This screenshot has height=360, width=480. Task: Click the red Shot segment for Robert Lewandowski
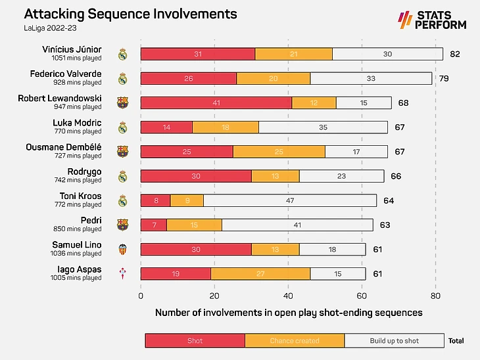216,103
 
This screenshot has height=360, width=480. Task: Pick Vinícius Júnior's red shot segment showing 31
198,55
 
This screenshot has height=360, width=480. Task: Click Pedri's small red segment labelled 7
154,225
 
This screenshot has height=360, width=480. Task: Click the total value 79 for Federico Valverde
444,79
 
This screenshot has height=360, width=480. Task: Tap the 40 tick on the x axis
288,296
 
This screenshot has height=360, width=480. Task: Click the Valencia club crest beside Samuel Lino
122,249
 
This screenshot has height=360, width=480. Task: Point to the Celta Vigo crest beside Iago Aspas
122,273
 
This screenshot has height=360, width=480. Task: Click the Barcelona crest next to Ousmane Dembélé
122,152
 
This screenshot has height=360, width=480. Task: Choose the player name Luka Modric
77,123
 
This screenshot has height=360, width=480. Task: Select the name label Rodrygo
85,171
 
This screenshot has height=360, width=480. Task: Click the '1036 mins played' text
77,254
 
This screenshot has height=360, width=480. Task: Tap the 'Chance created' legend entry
295,340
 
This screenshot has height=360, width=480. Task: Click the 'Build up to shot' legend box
395,340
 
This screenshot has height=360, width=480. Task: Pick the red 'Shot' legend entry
195,340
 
